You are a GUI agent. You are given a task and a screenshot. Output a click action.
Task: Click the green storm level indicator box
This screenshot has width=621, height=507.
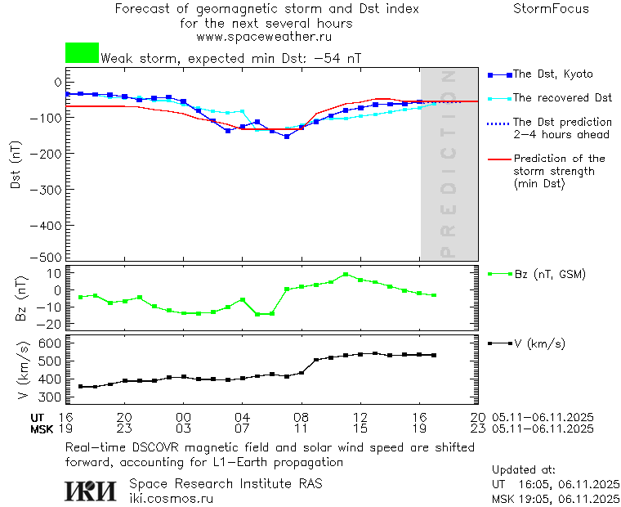click(x=82, y=52)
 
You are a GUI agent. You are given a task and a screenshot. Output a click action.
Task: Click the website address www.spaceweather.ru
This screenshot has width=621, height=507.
click(x=264, y=37)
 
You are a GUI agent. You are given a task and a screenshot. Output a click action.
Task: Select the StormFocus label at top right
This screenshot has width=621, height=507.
click(x=551, y=9)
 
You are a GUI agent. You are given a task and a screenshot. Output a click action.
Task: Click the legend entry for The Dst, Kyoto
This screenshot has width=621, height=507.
click(x=552, y=74)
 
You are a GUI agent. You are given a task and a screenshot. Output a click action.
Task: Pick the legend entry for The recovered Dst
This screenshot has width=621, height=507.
click(x=562, y=98)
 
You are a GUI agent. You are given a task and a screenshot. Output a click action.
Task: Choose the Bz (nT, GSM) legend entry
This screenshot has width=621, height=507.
click(x=549, y=274)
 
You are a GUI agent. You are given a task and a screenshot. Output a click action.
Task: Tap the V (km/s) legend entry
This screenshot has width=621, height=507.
click(x=540, y=343)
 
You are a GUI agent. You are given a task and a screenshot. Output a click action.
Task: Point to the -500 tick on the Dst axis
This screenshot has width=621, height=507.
click(x=51, y=257)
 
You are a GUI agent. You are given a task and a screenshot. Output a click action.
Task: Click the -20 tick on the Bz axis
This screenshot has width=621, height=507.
click(x=52, y=325)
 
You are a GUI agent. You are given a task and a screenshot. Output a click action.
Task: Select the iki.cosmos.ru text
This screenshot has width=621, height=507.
click(x=172, y=498)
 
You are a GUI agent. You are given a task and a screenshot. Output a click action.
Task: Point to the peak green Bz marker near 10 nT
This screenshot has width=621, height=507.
click(x=346, y=275)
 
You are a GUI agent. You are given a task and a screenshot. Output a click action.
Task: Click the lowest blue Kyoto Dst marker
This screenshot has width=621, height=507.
click(x=287, y=137)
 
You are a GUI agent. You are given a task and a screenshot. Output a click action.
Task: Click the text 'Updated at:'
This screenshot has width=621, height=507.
click(x=523, y=470)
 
